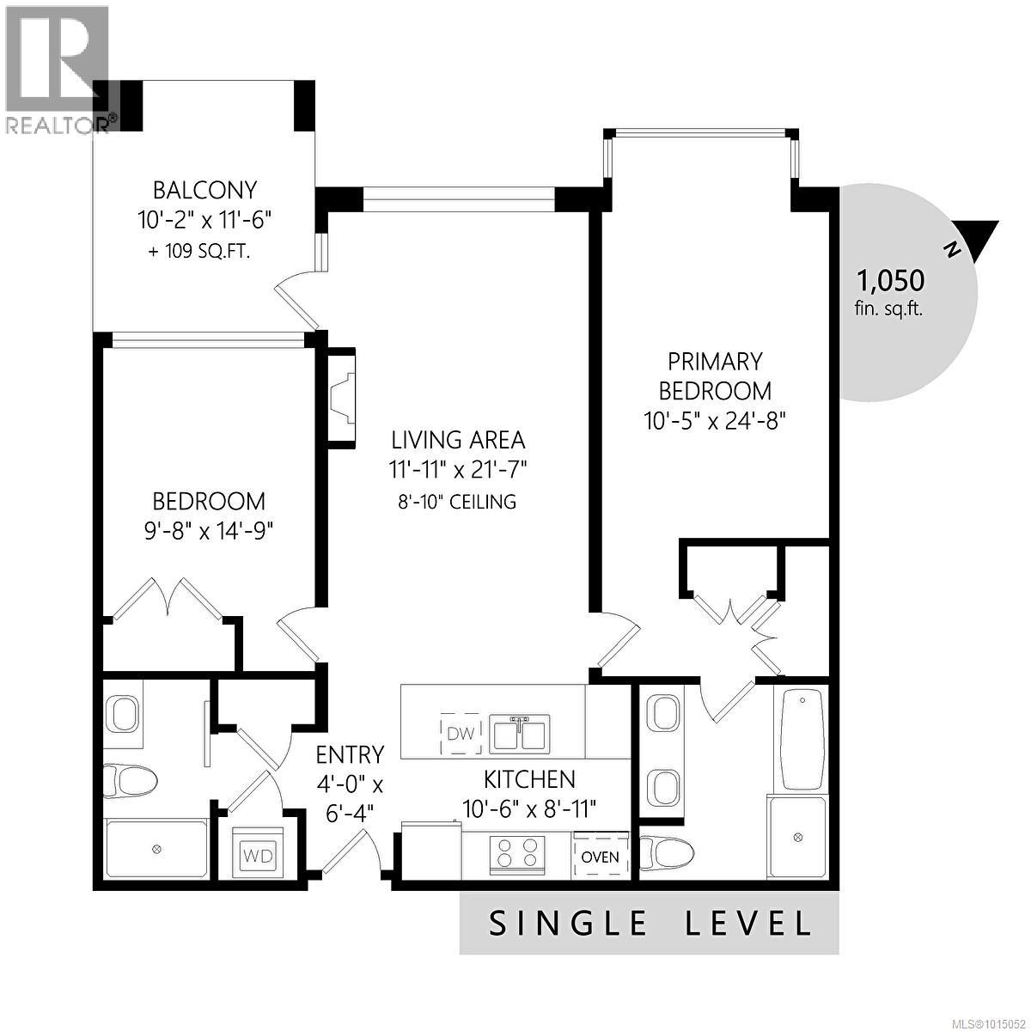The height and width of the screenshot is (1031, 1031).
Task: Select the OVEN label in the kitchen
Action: pos(600,856)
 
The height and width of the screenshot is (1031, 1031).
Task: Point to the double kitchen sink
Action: pos(518,734)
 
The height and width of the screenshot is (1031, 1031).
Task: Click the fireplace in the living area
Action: pos(342,398)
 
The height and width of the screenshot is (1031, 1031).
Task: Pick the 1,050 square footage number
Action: pos(890,280)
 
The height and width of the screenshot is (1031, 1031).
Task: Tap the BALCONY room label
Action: pos(204,190)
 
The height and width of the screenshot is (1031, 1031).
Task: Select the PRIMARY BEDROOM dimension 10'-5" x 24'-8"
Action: pos(715,421)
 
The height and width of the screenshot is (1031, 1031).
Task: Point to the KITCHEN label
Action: pos(529,779)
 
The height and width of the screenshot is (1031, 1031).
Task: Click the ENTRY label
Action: pos(350,754)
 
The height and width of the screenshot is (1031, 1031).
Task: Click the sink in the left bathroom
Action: pos(124,713)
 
